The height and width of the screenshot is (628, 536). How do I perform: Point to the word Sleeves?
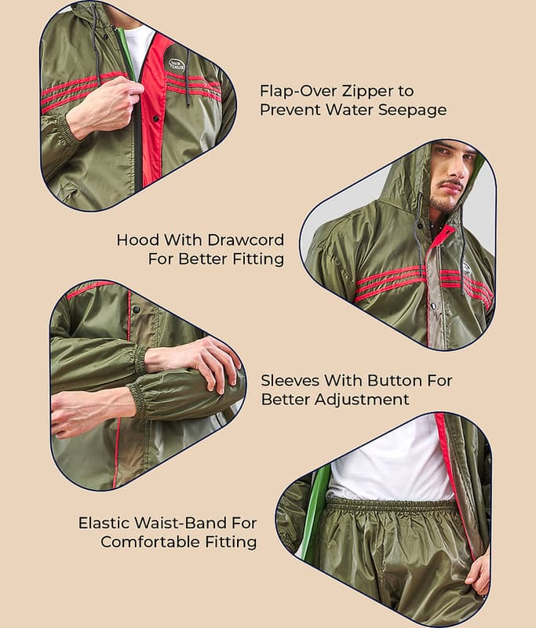pyautogui.click(x=290, y=381)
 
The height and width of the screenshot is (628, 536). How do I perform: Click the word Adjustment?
pyautogui.click(x=362, y=400)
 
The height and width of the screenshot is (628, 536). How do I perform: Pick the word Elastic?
pyautogui.click(x=104, y=523)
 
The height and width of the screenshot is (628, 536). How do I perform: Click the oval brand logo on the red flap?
pyautogui.click(x=177, y=65)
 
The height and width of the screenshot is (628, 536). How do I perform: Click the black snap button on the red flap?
pyautogui.click(x=156, y=119)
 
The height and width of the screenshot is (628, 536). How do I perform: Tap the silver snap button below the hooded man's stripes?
pyautogui.click(x=433, y=306)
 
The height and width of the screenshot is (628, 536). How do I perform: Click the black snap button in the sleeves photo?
pyautogui.click(x=136, y=309)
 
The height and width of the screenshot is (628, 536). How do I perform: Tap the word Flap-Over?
pyautogui.click(x=297, y=92)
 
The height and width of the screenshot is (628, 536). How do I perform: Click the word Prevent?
pyautogui.click(x=290, y=110)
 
